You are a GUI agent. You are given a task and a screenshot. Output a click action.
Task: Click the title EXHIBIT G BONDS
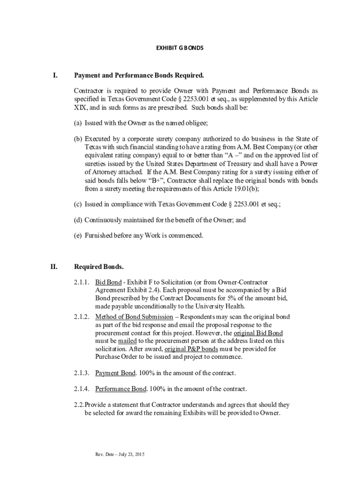pyautogui.click(x=180, y=48)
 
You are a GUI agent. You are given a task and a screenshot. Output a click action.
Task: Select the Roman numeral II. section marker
pyautogui.click(x=54, y=267)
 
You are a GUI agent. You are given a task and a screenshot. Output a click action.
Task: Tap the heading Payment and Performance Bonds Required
pyautogui.click(x=139, y=75)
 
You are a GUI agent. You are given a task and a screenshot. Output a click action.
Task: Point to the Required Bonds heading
pyautogui.click(x=99, y=267)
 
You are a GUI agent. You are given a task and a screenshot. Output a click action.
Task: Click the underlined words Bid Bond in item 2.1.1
pyautogui.click(x=108, y=282)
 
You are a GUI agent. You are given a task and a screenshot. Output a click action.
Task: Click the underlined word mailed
pyautogui.click(x=124, y=341)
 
